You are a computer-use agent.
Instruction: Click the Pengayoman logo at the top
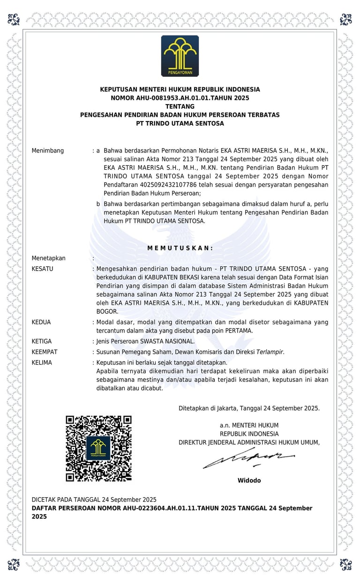point(180,56)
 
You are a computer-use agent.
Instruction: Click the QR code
point(98,448)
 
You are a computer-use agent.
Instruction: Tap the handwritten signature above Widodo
point(249,458)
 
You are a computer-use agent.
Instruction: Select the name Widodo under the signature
point(249,480)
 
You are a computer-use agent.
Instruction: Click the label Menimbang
point(47,151)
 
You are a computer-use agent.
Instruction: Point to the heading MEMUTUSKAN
point(180,248)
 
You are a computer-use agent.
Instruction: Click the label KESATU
point(42,269)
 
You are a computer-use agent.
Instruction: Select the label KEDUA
point(41,322)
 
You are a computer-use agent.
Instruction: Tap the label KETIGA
point(42,341)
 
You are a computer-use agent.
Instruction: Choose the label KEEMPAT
point(45,352)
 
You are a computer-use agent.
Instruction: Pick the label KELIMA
point(42,363)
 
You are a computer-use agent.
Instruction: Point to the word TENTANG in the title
point(180,106)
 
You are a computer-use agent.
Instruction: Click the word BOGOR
point(107,311)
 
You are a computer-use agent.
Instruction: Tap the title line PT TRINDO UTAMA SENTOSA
point(180,123)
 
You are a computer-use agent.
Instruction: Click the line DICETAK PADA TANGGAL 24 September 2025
point(94,499)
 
